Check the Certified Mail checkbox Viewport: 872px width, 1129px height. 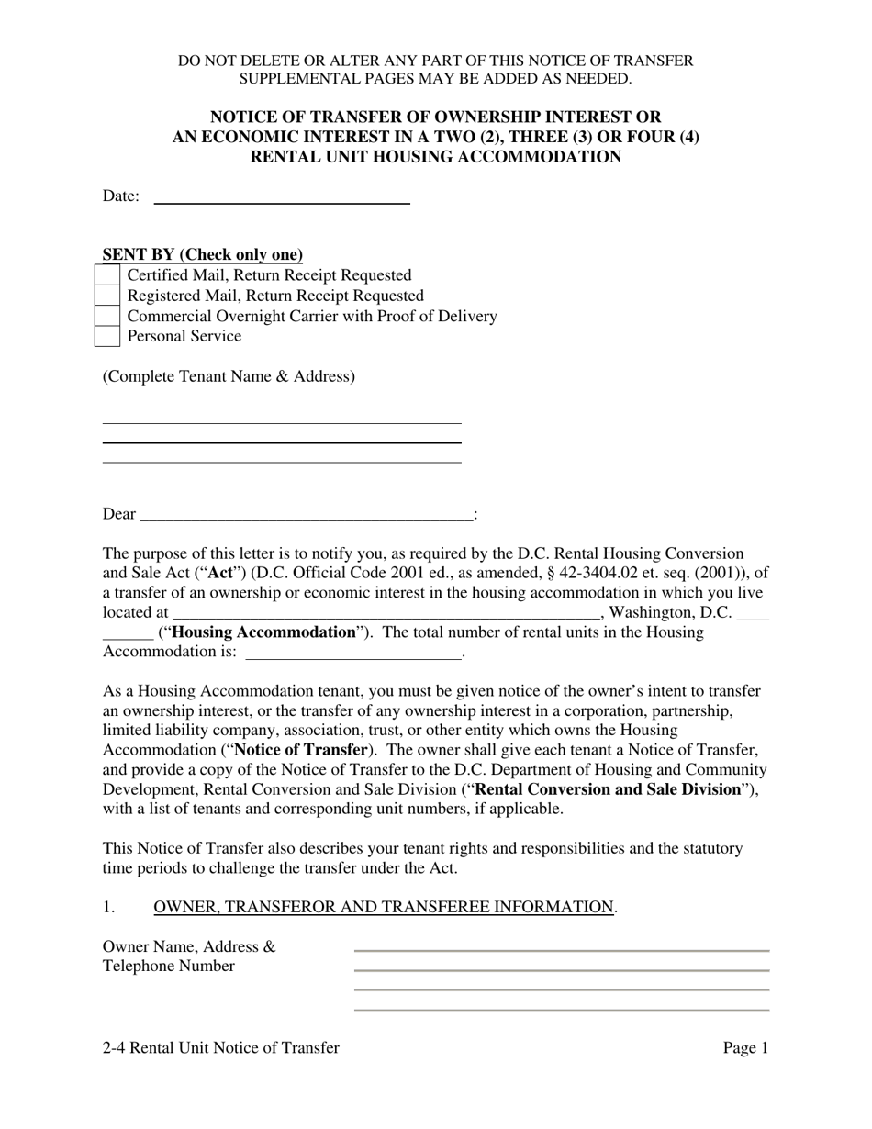(107, 275)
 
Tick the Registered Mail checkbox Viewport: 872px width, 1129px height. (107, 296)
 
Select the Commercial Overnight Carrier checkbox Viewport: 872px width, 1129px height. (107, 316)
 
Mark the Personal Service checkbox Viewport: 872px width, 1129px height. (107, 336)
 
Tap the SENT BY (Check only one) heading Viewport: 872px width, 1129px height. (203, 255)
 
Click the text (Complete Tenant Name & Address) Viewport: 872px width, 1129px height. (229, 376)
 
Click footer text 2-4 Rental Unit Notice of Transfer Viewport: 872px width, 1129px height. (221, 1048)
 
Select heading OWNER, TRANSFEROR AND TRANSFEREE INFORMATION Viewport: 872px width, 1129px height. (384, 908)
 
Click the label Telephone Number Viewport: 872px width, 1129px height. (168, 967)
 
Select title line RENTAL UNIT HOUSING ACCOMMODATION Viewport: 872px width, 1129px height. (436, 157)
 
